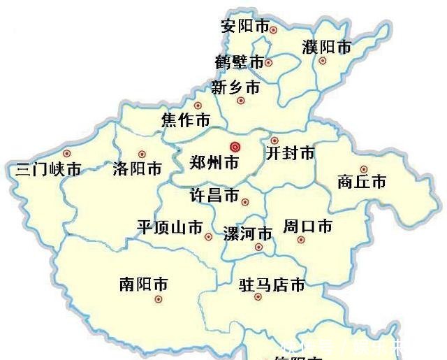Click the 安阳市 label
244,27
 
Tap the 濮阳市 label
326,48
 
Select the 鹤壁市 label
240,62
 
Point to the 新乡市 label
235,87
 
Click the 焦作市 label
185,120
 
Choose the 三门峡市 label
47,169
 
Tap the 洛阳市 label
137,168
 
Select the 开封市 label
290,153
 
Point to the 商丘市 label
361,182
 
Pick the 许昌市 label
214,194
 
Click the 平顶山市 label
170,227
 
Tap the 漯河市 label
247,233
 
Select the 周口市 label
307,226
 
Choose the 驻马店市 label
272,285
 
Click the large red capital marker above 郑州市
235,147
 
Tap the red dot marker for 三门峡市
67,153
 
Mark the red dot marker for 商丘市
363,168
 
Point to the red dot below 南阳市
159,299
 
